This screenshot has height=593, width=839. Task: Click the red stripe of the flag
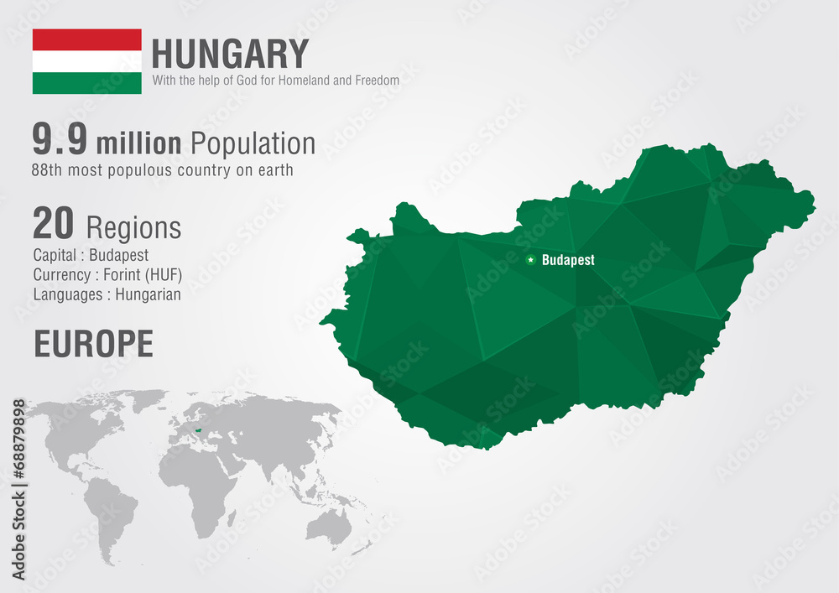click(x=86, y=39)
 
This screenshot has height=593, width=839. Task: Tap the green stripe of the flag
click(x=86, y=83)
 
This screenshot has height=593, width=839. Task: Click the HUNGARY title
click(x=230, y=55)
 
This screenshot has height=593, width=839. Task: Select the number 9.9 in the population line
click(x=60, y=140)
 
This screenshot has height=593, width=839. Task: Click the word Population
click(x=253, y=143)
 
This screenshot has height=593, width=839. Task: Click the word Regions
click(x=133, y=227)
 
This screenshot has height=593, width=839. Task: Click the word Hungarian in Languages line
click(x=148, y=294)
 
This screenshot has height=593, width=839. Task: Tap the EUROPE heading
click(x=93, y=344)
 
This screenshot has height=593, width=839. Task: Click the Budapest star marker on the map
click(x=530, y=260)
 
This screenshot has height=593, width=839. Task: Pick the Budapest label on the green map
click(x=568, y=260)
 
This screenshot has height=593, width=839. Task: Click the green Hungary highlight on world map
click(x=197, y=434)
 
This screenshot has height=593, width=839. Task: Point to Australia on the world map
click(x=328, y=526)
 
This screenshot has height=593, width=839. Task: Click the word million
click(x=138, y=143)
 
